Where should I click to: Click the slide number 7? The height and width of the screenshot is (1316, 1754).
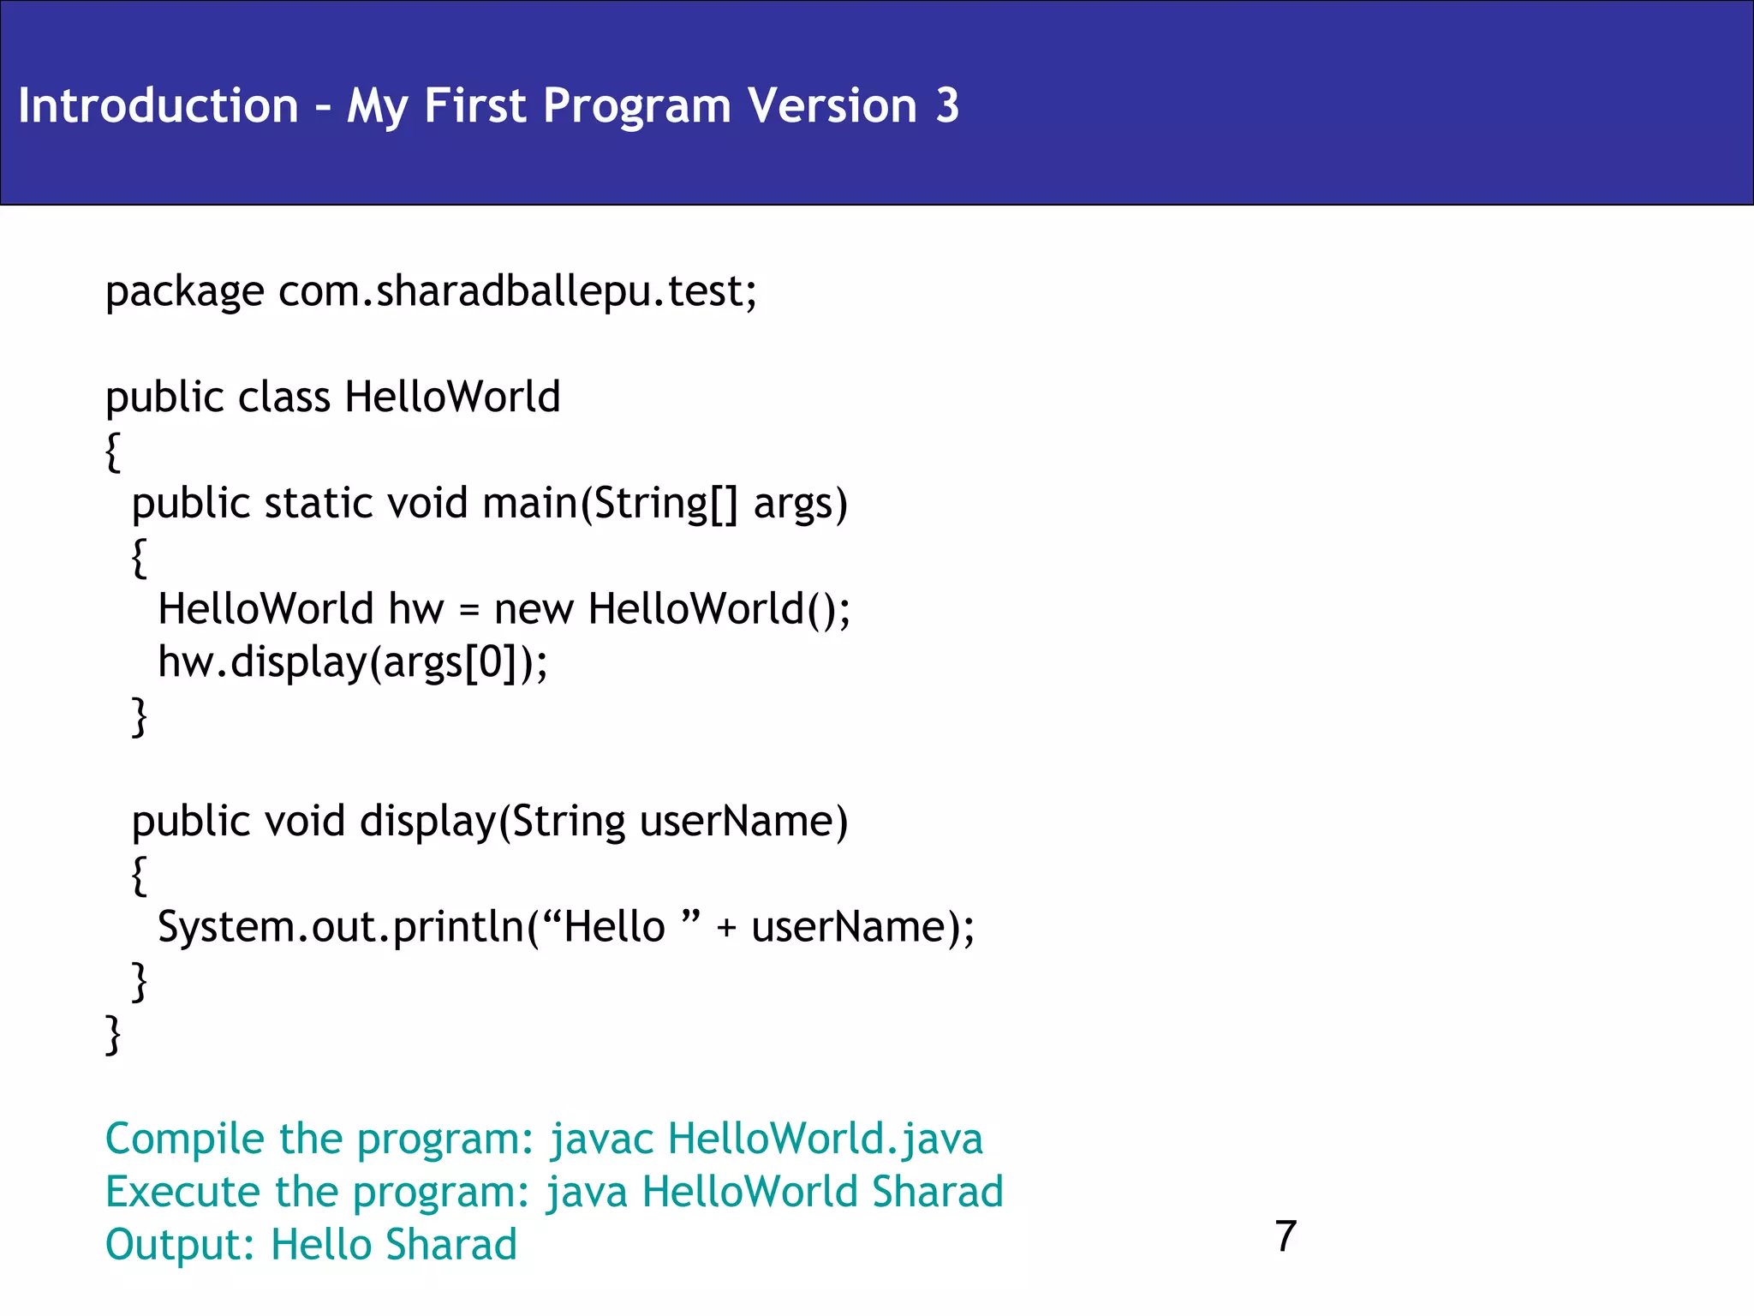pos(1286,1236)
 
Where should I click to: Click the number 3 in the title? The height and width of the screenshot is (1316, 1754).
pos(946,105)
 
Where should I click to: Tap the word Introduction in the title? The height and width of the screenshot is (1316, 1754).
pos(158,105)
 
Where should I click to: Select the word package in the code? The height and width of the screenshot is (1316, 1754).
pos(184,293)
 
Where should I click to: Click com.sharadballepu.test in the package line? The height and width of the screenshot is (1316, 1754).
pos(516,291)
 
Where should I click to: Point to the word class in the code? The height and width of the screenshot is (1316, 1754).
pos(283,397)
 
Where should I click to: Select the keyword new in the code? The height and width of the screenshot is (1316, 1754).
pos(534,609)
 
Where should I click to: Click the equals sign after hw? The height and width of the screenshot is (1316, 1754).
pos(468,610)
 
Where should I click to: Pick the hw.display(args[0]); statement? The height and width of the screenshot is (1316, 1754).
pos(352,662)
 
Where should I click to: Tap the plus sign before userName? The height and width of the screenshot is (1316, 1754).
pos(726,928)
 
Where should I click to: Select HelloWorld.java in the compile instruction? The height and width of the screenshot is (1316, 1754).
pos(825,1139)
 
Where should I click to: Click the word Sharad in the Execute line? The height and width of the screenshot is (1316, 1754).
pos(937,1192)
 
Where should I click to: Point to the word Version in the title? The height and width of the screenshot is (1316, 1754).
pos(832,105)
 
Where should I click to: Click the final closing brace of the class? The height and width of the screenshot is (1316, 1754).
pos(113,1034)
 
